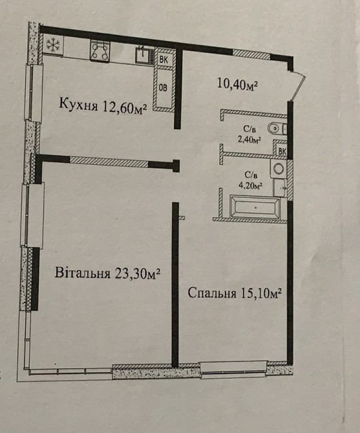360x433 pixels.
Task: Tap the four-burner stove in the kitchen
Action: [100, 51]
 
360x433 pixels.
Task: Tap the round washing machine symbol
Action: [280, 169]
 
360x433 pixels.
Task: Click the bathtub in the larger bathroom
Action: [255, 209]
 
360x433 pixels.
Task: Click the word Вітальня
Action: [80, 273]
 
